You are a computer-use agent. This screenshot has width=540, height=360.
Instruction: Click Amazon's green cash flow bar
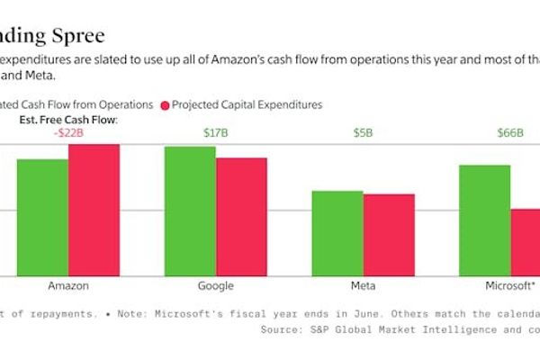point(42,217)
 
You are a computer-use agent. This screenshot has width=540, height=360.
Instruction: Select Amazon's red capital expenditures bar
point(94,210)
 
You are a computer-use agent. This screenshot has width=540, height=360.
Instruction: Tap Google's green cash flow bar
point(190,211)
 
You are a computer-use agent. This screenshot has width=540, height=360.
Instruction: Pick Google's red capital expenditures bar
point(241,217)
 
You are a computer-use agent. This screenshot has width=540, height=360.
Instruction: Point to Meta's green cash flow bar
point(337,233)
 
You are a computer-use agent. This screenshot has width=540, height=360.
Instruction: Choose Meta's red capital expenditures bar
point(389,235)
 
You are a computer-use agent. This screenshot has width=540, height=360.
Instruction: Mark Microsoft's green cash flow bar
point(484,220)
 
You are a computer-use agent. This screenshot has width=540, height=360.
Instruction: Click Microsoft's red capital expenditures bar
point(526,242)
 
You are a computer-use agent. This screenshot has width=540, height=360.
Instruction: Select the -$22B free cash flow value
point(68,133)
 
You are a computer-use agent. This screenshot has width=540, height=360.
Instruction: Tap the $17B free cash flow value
point(216,133)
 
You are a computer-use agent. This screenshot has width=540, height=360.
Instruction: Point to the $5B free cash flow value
point(364,133)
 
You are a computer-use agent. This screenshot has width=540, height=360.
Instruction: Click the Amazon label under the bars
point(68,286)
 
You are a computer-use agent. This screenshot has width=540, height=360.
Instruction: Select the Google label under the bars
point(215,286)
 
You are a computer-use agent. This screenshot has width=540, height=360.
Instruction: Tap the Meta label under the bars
point(364,286)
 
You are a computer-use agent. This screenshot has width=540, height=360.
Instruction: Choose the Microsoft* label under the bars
point(509,286)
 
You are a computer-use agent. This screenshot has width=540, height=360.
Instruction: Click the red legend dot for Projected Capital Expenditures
point(165,104)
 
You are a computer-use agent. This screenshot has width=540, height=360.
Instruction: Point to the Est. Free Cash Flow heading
point(68,119)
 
